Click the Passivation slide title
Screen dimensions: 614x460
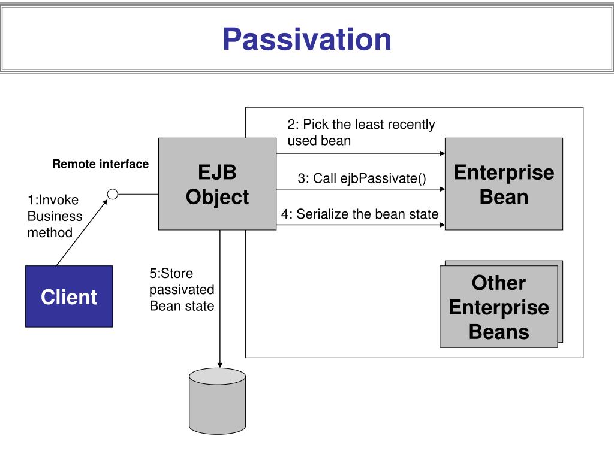coord(307,39)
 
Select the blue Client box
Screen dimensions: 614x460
coord(69,296)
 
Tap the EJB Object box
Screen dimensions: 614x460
coord(217,184)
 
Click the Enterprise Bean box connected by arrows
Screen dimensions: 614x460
coord(504,184)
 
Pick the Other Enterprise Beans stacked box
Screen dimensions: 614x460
coord(501,304)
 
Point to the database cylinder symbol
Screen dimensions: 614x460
coord(217,401)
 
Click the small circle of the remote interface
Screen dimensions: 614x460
coord(112,194)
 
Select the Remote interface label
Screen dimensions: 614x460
coord(101,164)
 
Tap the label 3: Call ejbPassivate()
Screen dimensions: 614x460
coord(362,178)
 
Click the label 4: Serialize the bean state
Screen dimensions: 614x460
coord(360,214)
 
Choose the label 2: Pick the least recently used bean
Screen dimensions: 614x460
coord(361,132)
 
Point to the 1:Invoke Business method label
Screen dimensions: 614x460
coord(55,216)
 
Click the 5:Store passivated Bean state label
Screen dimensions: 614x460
coord(182,289)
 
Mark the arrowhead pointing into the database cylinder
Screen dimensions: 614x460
coord(220,365)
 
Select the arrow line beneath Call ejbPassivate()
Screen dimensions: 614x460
coord(360,189)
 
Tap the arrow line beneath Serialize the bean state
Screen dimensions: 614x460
coord(360,225)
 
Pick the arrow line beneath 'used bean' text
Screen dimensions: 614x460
coord(360,153)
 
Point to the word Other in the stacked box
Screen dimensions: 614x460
coord(499,283)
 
